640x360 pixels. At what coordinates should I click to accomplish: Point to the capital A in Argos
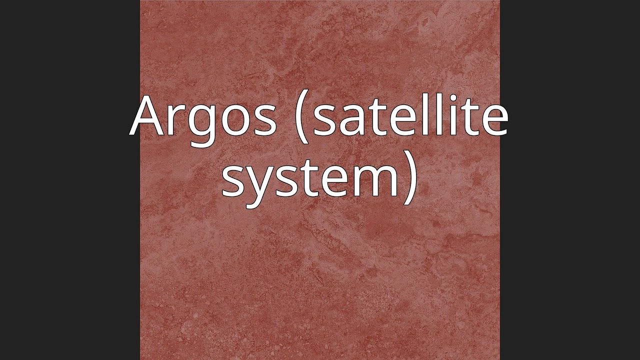click(148, 116)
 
